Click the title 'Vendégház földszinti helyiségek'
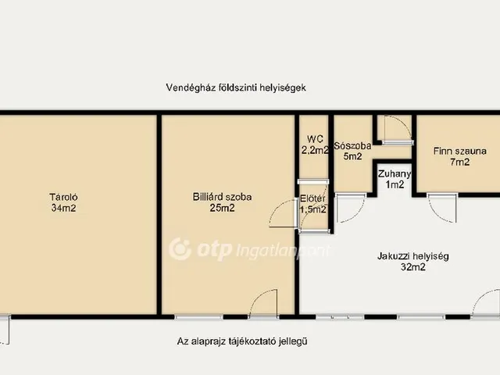click(235, 88)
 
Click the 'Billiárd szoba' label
click(223, 198)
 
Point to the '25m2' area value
click(223, 209)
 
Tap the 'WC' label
click(315, 140)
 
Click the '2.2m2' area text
click(315, 151)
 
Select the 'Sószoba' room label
click(352, 145)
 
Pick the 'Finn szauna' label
click(460, 151)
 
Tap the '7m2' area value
click(460, 162)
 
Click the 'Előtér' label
click(313, 198)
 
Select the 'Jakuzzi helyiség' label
click(412, 255)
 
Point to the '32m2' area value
click(412, 267)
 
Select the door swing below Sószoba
click(350, 207)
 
